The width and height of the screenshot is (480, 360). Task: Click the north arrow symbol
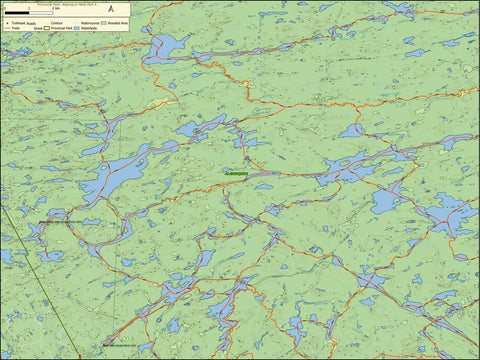tap(110, 9)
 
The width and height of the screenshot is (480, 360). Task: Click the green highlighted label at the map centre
tap(236, 173)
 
